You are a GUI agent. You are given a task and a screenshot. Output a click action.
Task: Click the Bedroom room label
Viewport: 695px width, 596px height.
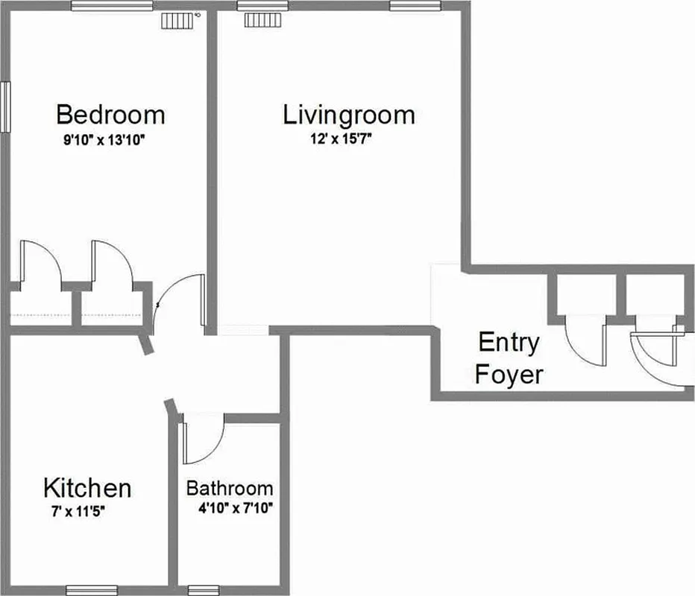pos(110,115)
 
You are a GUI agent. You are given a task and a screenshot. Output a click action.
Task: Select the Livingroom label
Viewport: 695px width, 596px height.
pos(348,115)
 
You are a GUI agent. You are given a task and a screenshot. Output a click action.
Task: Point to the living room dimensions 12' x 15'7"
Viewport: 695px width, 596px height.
pos(342,139)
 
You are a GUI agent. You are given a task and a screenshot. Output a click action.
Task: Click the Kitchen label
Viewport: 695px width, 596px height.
pos(87,489)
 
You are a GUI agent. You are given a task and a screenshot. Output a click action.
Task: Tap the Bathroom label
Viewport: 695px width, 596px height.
pos(229,489)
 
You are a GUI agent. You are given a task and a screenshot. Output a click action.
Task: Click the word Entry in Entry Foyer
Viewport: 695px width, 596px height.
pos(509,343)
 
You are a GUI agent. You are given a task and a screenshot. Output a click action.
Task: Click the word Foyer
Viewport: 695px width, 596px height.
pos(509,374)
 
